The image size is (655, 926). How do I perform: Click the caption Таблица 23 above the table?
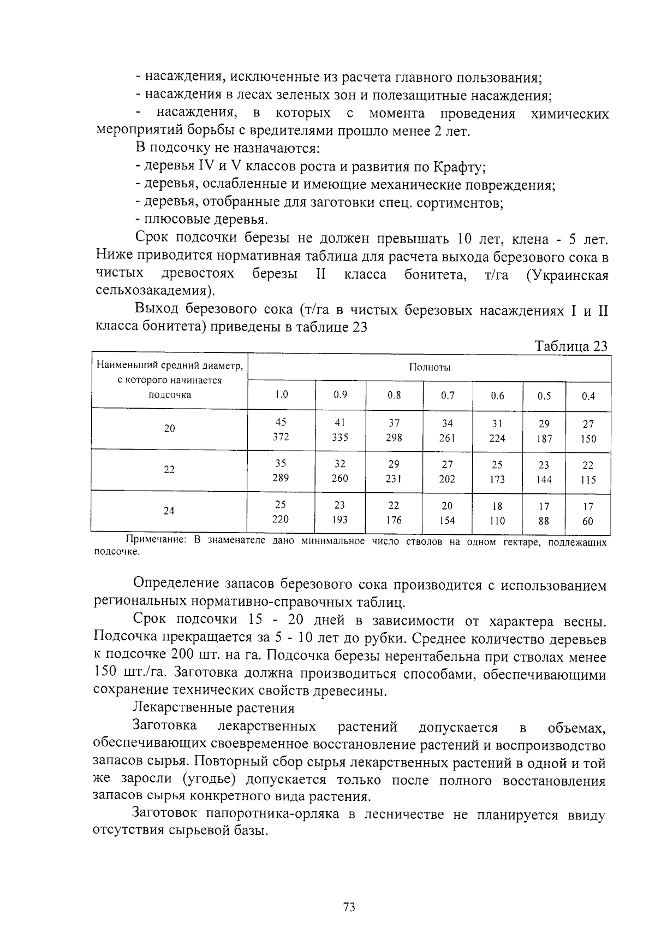click(x=570, y=347)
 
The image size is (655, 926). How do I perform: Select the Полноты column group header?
click(x=430, y=368)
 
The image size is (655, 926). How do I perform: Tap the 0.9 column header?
click(x=340, y=395)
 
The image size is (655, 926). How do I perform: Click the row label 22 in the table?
click(x=169, y=470)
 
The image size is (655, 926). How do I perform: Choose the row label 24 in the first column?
click(x=169, y=511)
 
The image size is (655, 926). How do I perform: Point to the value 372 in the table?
click(x=281, y=437)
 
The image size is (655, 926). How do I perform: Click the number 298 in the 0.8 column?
click(x=394, y=438)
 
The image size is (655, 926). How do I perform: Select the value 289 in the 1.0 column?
click(x=281, y=478)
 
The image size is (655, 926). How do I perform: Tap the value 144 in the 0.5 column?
click(x=544, y=480)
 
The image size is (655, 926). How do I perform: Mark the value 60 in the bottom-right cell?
click(x=588, y=522)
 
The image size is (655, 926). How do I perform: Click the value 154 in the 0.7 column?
click(x=447, y=521)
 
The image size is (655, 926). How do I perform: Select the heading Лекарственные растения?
click(x=213, y=709)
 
